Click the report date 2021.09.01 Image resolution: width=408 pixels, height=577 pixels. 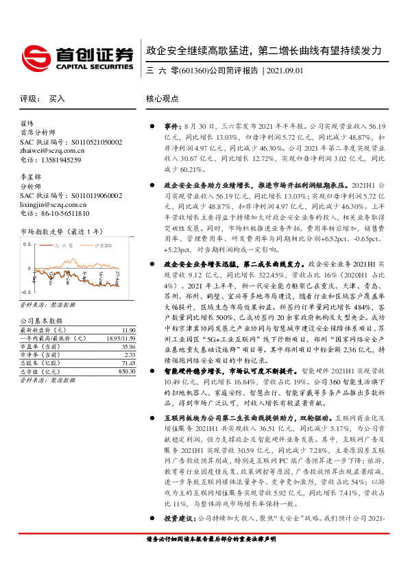[x=284, y=71]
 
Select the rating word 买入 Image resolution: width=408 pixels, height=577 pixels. [x=57, y=99]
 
